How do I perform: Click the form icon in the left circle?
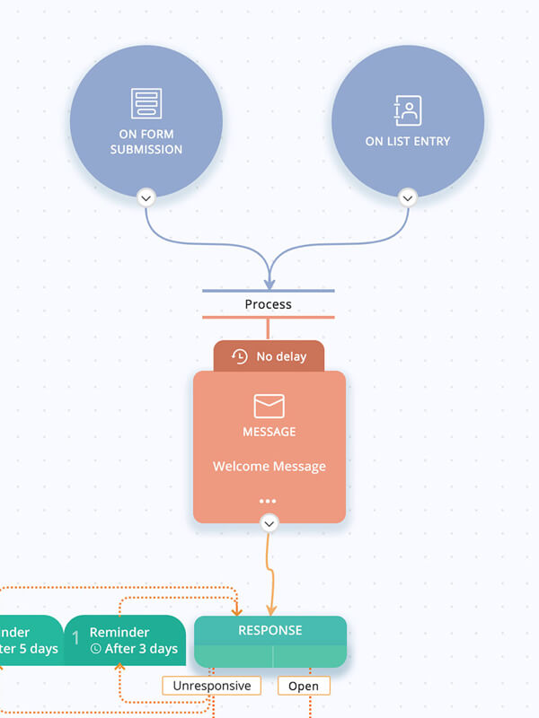[146, 103]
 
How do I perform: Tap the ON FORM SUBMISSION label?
[146, 142]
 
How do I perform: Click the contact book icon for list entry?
[408, 110]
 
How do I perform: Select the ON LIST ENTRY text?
[408, 141]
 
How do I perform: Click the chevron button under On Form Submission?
[146, 197]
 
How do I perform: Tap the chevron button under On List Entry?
[408, 197]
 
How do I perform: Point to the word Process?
[268, 304]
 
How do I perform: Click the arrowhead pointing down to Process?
[269, 284]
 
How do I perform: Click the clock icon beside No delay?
[239, 356]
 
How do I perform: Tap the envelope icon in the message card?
[269, 407]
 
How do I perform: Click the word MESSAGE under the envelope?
[269, 432]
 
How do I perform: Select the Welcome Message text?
[269, 467]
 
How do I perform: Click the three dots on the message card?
[268, 501]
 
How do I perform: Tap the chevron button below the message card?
[269, 522]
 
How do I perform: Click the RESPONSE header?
[269, 630]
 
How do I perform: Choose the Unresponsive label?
[212, 686]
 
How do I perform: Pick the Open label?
[304, 686]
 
